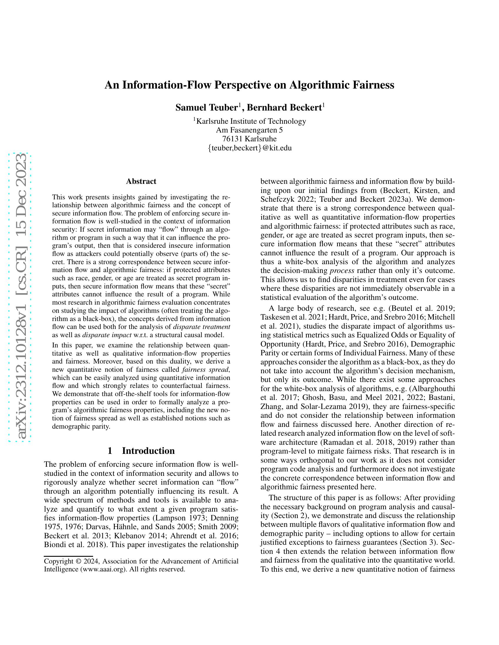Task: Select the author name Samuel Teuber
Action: click(x=207, y=108)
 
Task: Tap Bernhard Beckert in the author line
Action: click(x=284, y=108)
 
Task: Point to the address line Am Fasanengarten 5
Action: click(x=249, y=130)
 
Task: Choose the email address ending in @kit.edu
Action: click(x=250, y=148)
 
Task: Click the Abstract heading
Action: click(x=141, y=181)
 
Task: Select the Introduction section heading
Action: click(x=148, y=451)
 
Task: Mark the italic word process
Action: click(x=342, y=271)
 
